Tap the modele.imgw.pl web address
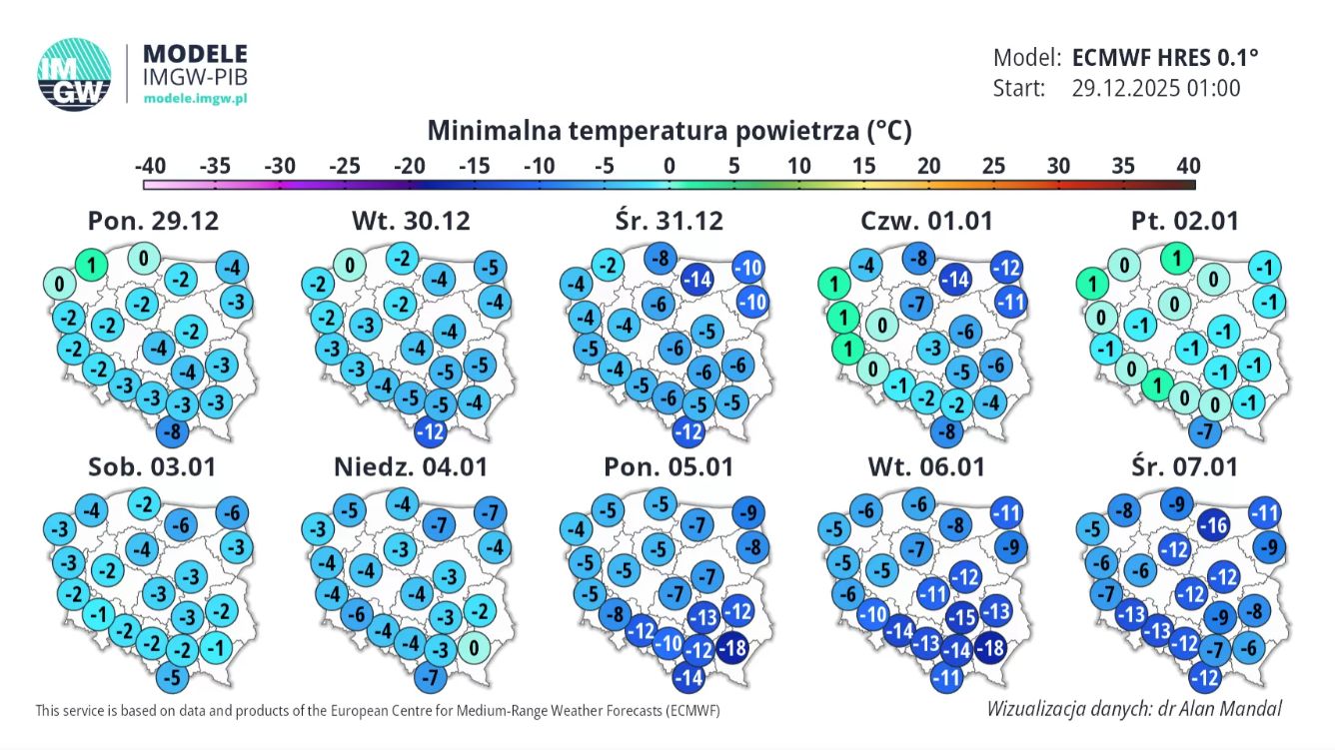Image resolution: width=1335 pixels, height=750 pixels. point(195,98)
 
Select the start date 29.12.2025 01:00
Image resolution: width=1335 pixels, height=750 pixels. point(1156,88)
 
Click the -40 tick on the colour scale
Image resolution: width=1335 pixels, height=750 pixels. point(150,166)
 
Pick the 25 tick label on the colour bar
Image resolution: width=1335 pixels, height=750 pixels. point(993,166)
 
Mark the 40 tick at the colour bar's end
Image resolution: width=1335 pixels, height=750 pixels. point(1187,166)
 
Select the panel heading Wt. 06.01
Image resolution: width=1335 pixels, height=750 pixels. point(926,466)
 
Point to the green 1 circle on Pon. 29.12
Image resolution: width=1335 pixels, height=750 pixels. point(91,266)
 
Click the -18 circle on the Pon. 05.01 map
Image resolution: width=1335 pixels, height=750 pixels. point(732,646)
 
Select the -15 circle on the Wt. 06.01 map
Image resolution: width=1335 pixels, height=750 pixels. point(962,617)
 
